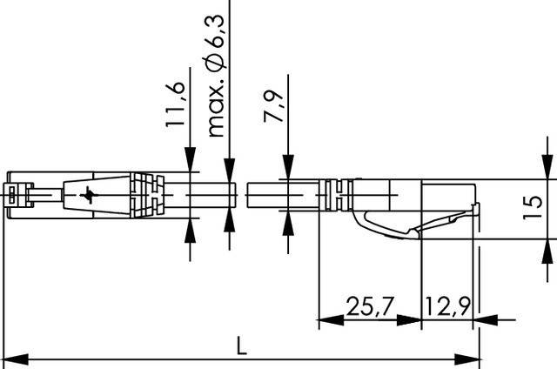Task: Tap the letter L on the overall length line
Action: pos(241,346)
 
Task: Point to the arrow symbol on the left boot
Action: pos(86,196)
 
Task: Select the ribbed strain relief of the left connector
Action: pos(145,195)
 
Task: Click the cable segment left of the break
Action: pos(209,195)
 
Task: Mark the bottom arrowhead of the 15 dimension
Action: pos(546,246)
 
